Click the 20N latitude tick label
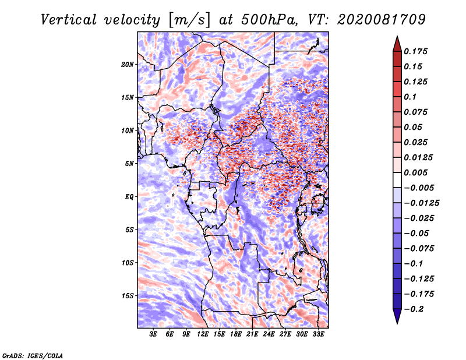(128, 65)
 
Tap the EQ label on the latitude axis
(129, 197)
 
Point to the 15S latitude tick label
(128, 296)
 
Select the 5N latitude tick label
(129, 164)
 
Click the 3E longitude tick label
(153, 334)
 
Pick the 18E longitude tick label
(235, 334)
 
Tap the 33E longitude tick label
(318, 334)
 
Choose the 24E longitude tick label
(269, 334)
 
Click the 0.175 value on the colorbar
(415, 51)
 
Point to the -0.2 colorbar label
(414, 309)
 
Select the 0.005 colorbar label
(415, 172)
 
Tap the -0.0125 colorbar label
(421, 203)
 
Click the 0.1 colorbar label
(410, 97)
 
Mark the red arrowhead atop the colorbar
(397, 44)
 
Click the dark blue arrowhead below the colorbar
(397, 316)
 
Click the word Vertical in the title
(69, 20)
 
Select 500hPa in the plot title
(269, 20)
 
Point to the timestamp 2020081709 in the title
(382, 20)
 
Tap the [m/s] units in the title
(189, 20)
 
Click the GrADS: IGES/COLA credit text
(33, 355)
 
